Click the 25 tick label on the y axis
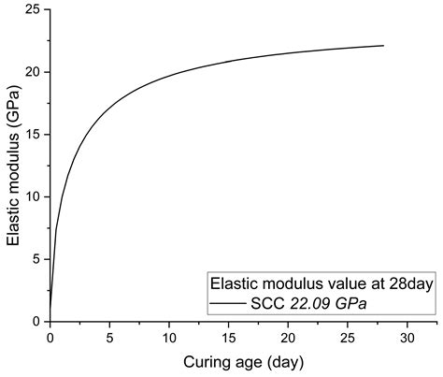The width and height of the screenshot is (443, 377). click(32, 9)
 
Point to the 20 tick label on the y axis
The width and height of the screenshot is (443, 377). click(32, 72)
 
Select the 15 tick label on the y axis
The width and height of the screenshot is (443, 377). click(32, 134)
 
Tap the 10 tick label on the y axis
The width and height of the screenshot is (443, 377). click(32, 196)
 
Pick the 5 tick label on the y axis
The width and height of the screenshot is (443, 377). click(36, 259)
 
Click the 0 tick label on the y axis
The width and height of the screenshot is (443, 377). click(36, 321)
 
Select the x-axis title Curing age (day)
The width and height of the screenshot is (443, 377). click(243, 360)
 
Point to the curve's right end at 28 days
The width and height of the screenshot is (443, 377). click(383, 46)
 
